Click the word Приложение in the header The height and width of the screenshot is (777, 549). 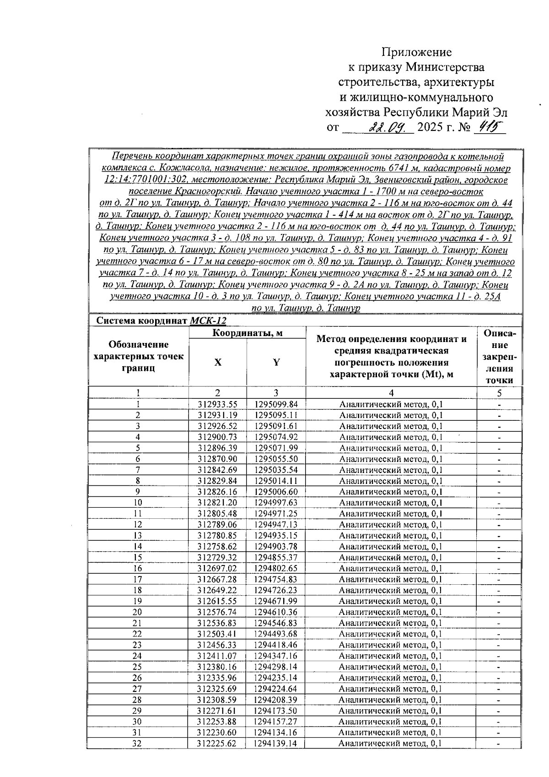click(417, 52)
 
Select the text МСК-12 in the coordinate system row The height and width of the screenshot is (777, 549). click(208, 321)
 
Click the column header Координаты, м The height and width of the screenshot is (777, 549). click(248, 333)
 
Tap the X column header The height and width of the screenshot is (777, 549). click(218, 362)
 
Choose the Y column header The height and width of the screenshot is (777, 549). click(276, 362)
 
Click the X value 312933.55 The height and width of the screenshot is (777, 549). click(218, 404)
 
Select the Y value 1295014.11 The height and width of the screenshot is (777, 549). click(276, 481)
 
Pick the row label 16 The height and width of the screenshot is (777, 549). click(138, 568)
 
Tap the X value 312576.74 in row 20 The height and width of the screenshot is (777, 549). click(217, 612)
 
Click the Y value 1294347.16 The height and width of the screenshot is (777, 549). click(276, 656)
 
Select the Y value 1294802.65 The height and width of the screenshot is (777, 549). click(276, 568)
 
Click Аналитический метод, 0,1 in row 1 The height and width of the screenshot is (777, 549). click(391, 404)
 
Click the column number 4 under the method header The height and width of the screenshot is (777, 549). click(391, 393)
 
